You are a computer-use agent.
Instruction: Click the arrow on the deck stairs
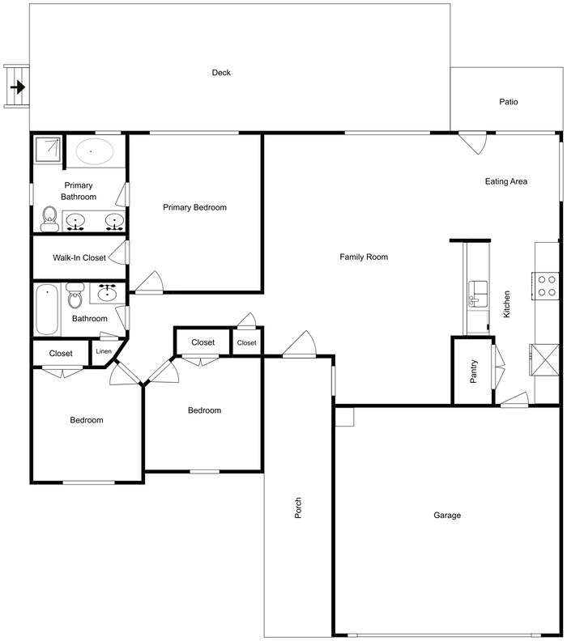(x=17, y=86)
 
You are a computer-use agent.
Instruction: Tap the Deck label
(x=221, y=73)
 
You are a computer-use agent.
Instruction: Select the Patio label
(x=508, y=102)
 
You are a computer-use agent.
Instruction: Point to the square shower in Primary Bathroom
(x=49, y=150)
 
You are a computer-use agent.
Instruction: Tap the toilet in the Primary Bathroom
(x=49, y=219)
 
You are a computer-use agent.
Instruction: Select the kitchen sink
(x=477, y=291)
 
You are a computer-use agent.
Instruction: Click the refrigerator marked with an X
(x=544, y=357)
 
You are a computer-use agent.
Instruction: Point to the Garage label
(x=446, y=516)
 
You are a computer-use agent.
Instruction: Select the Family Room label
(x=364, y=257)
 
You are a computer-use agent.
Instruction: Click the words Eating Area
(x=506, y=181)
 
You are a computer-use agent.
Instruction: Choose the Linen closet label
(x=104, y=351)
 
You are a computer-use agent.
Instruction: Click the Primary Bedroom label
(x=194, y=207)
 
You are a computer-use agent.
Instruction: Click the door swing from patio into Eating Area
(x=472, y=142)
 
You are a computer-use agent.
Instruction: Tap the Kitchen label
(x=507, y=304)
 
